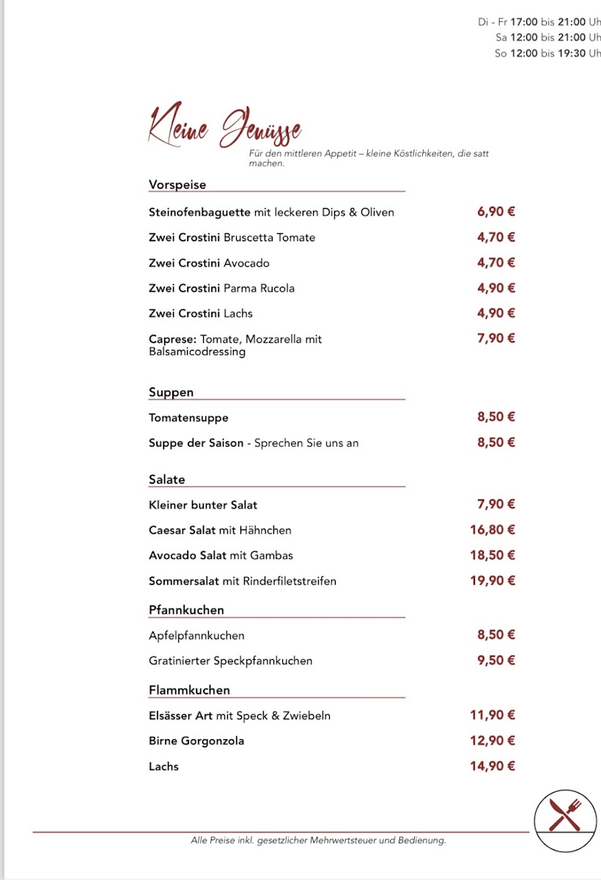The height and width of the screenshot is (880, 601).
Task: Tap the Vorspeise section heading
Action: (177, 185)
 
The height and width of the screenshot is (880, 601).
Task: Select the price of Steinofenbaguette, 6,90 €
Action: (496, 212)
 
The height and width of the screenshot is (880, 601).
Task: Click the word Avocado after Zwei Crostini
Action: (246, 263)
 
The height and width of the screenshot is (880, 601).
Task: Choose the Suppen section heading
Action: (171, 392)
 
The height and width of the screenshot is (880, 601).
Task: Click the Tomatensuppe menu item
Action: (188, 418)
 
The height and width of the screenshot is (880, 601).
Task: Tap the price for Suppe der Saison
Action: (496, 442)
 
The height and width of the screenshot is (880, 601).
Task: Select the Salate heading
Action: (166, 480)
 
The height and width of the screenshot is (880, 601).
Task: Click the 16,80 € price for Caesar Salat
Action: (493, 529)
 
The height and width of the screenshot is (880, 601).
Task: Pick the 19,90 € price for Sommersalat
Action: (493, 581)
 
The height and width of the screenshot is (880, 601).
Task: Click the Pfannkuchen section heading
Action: (186, 610)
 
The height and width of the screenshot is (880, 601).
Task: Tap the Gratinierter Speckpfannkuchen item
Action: (230, 661)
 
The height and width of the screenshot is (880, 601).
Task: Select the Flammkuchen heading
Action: (189, 690)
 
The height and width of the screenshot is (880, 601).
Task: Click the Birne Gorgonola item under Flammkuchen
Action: (196, 741)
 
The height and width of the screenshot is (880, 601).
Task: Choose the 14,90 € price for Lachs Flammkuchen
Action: (493, 766)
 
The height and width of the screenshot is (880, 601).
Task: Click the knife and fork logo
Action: (565, 814)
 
